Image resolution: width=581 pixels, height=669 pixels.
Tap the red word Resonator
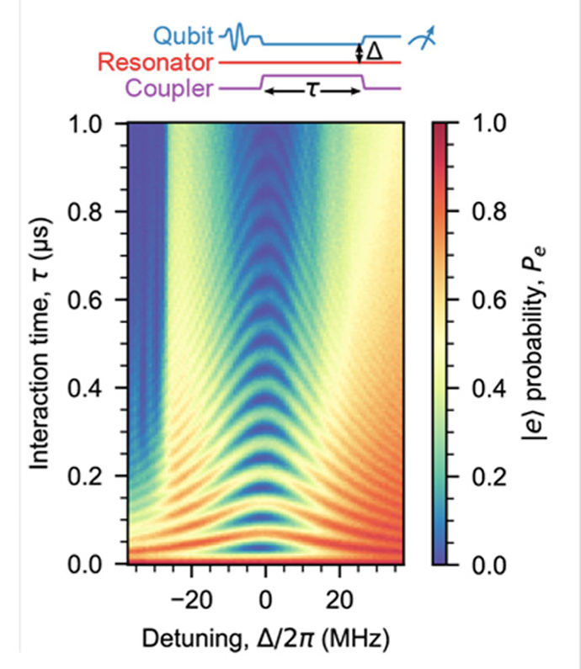click(x=155, y=62)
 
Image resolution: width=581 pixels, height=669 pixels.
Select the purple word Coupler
click(x=168, y=88)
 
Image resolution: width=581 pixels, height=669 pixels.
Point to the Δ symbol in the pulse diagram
click(x=376, y=52)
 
